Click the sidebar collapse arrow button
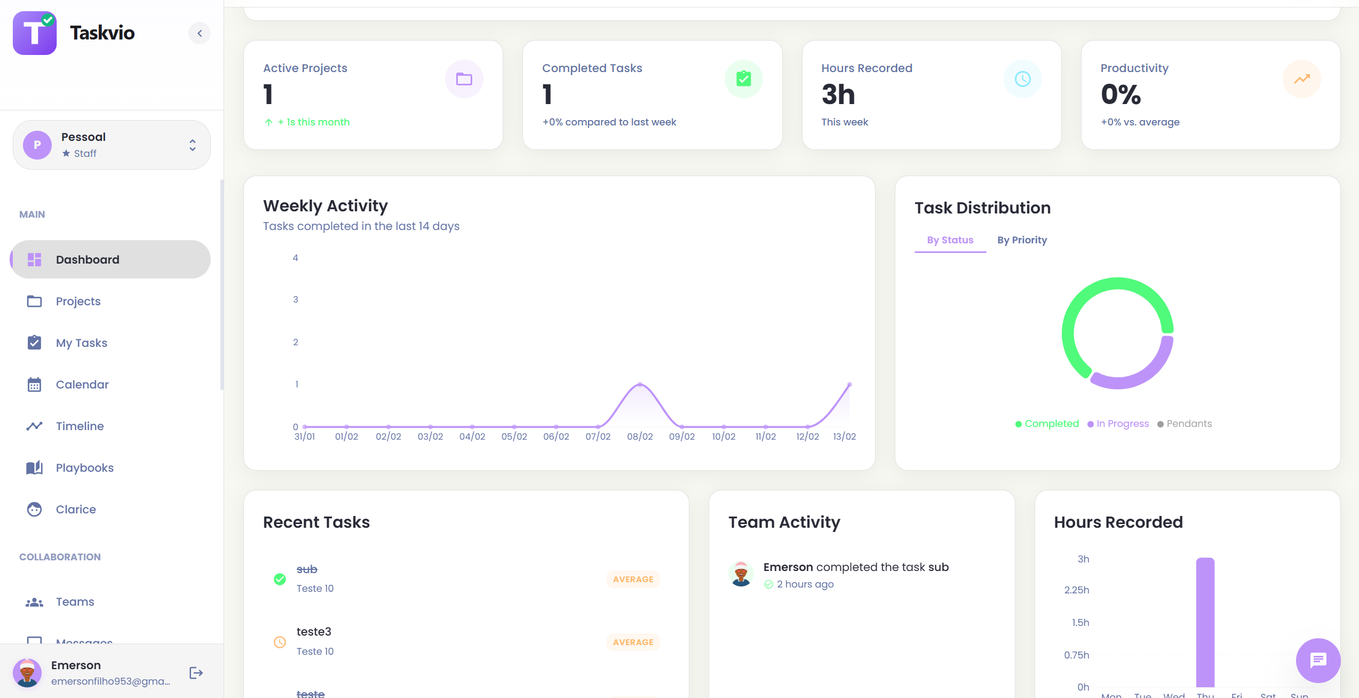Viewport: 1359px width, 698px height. (200, 33)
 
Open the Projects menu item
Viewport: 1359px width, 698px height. (78, 302)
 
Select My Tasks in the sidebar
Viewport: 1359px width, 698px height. (81, 343)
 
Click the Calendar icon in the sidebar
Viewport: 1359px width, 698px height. (35, 385)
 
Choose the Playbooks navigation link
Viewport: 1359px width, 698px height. (84, 468)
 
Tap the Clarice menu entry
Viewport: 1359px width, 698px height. (76, 510)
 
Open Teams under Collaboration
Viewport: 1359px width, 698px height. (75, 602)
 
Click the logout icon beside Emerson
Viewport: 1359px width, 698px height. (196, 673)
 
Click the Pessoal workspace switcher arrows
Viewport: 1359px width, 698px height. (193, 145)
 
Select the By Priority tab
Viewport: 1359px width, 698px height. (1022, 240)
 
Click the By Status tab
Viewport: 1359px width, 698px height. (950, 240)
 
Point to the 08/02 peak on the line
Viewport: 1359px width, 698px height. (640, 385)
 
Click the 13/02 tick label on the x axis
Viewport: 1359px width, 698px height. (844, 437)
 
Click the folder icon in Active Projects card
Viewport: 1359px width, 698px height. (464, 79)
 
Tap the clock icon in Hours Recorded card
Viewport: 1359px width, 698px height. (1022, 79)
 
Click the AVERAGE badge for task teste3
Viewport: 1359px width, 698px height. (633, 642)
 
